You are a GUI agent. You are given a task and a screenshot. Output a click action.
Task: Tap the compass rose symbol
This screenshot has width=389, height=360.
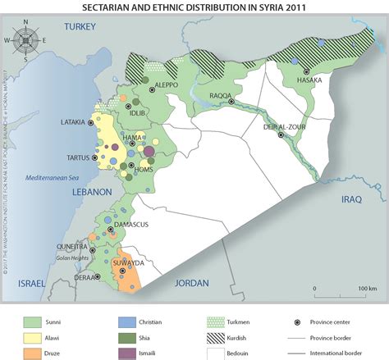click(x=25, y=39)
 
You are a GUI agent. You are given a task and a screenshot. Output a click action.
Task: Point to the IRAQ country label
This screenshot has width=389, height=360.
click(x=352, y=199)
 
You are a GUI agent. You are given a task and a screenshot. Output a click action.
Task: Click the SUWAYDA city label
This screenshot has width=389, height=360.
click(x=127, y=263)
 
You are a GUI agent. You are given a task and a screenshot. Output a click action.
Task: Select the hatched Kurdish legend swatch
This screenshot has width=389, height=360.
click(x=217, y=337)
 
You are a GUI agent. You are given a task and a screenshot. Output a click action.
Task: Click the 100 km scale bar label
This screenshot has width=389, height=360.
click(x=367, y=289)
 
